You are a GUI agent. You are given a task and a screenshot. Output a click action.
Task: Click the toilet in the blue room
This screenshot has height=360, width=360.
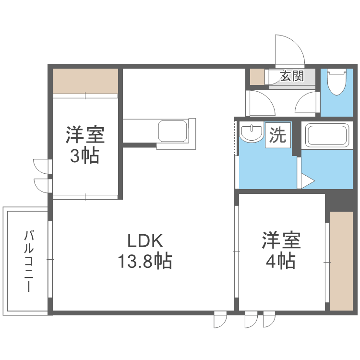337,82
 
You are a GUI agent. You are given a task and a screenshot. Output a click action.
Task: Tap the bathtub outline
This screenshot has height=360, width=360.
327,135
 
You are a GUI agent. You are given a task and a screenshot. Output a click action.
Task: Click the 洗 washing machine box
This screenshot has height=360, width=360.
278,135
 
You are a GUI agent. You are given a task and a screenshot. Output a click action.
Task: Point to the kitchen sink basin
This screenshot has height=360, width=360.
173,131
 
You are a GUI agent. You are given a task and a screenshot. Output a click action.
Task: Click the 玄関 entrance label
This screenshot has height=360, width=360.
292,76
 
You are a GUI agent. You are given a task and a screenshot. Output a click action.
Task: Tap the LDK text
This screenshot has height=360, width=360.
145,240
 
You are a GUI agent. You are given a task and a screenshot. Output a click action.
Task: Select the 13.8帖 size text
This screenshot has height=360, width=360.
145,261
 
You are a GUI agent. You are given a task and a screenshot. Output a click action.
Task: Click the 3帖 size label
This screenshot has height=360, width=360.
84,156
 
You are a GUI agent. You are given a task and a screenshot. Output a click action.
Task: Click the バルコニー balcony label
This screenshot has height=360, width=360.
29,261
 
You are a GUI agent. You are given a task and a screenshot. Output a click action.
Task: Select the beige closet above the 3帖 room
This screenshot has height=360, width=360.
85,81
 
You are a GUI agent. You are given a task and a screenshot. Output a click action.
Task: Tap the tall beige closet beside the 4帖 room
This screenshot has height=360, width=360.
341,261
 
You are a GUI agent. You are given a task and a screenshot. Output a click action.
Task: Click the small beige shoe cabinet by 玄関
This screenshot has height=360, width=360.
257,77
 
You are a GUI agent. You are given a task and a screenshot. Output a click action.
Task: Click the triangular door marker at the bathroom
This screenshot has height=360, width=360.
307,181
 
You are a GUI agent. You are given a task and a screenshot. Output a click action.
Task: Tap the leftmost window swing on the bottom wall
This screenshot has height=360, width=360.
220,320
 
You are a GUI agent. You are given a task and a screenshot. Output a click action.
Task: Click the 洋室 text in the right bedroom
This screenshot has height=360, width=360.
281,240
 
